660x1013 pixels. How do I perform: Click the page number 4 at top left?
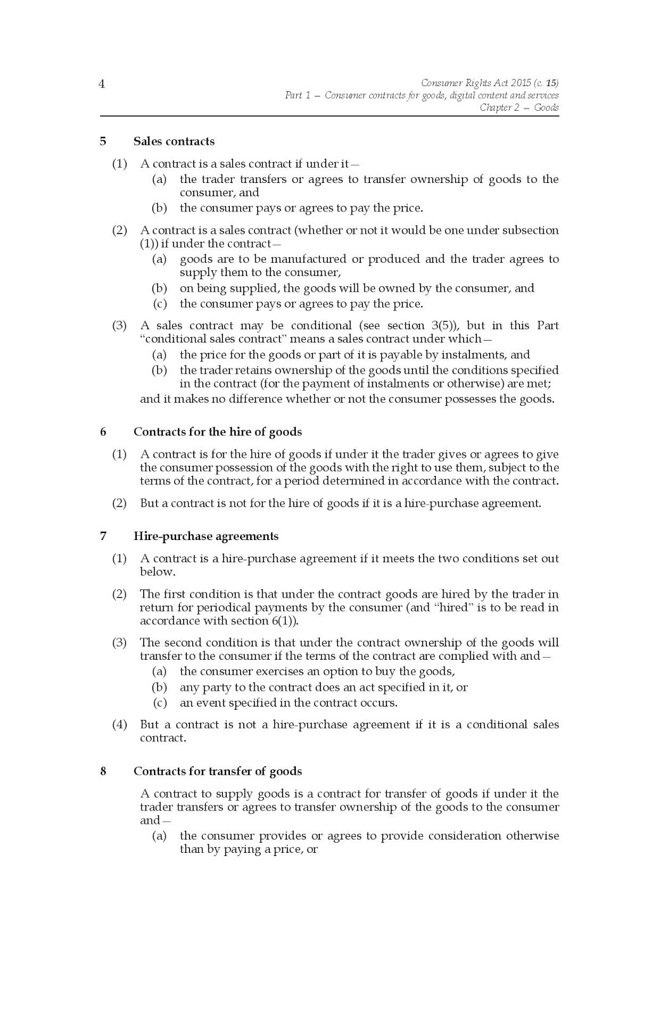[x=102, y=84]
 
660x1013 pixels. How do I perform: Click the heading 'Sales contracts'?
[x=174, y=141]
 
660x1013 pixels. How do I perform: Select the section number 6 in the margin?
[x=103, y=432]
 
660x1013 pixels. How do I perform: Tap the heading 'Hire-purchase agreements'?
[x=206, y=536]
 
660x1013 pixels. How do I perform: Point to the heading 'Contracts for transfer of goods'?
[x=217, y=771]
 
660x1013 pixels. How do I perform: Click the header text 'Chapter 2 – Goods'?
[x=519, y=108]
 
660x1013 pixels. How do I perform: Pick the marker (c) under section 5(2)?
[x=160, y=304]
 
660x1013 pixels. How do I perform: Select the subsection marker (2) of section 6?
[x=120, y=504]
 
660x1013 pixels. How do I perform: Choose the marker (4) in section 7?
[x=120, y=724]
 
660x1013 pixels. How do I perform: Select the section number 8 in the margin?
[x=103, y=771]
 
